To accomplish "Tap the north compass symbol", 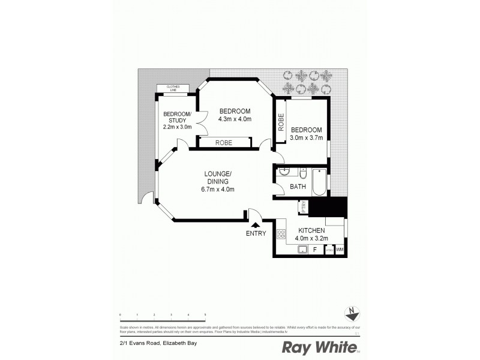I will click(352, 312).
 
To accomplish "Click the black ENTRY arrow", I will click(256, 224).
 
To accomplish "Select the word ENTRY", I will click(256, 233).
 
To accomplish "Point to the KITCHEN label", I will click(312, 230).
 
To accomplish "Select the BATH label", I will click(298, 187).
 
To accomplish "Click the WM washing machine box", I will click(340, 250).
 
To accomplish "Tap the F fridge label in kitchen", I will click(314, 249).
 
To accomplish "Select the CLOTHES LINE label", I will click(173, 88).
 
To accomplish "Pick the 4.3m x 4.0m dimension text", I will click(235, 119).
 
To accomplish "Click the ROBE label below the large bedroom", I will click(224, 143).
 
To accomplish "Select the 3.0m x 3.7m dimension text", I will click(307, 137).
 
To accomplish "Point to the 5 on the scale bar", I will click(205, 314).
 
